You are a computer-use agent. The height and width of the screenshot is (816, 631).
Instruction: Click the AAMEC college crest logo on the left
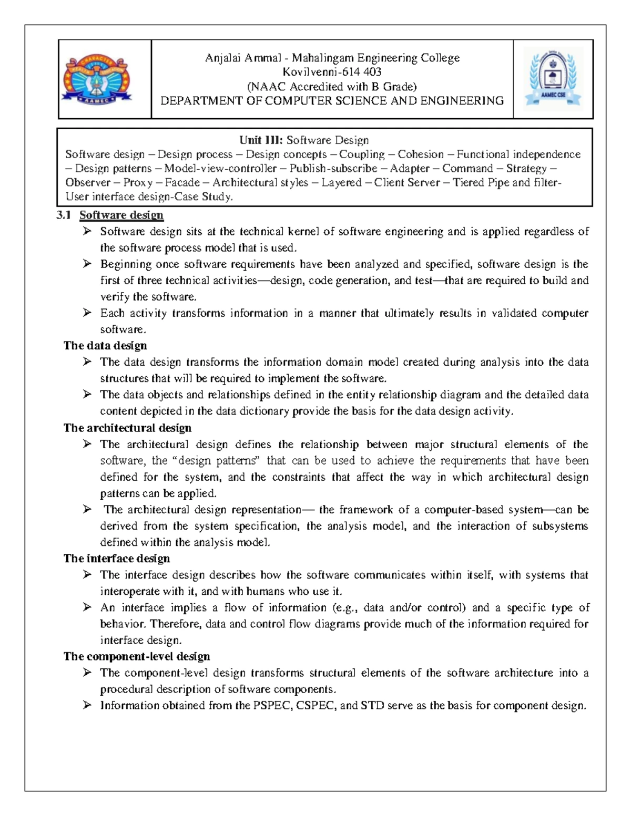click(x=97, y=80)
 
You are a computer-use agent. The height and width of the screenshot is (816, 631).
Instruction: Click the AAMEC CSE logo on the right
click(x=553, y=79)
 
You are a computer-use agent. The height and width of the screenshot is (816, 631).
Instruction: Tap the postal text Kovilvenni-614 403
click(x=332, y=72)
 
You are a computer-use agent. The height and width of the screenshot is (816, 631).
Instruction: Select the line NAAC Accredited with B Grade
click(x=332, y=86)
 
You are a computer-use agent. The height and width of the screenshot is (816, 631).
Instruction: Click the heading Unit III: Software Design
click(x=304, y=140)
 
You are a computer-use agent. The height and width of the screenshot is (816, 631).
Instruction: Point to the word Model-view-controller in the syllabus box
click(x=220, y=168)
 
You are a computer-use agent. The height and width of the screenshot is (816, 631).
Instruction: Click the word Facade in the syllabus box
click(x=182, y=182)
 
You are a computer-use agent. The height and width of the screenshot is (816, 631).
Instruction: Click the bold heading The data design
click(x=105, y=345)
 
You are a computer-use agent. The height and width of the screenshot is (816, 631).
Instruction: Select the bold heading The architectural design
click(x=127, y=428)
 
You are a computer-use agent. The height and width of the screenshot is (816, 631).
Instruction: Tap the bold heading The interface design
click(x=117, y=558)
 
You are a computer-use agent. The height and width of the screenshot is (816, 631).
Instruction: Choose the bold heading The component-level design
click(x=137, y=656)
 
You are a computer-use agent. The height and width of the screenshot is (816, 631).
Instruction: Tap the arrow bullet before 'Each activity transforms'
click(x=87, y=313)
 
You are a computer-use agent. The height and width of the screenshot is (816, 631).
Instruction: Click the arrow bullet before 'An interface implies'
click(x=87, y=607)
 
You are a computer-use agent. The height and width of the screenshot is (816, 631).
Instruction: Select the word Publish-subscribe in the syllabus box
click(x=333, y=168)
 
